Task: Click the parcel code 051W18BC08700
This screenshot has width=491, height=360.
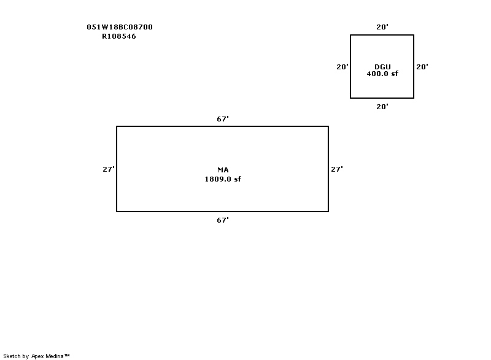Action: click(120, 27)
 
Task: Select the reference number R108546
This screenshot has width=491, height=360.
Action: click(119, 36)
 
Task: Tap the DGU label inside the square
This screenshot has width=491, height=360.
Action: click(382, 67)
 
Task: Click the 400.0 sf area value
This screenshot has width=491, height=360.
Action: click(382, 74)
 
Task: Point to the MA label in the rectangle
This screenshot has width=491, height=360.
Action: click(223, 169)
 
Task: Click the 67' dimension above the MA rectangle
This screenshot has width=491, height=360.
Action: click(223, 119)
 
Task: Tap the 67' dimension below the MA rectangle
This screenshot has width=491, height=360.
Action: click(223, 220)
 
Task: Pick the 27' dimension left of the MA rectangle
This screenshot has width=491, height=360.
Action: click(109, 169)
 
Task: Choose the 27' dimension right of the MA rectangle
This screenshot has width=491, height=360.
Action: click(337, 169)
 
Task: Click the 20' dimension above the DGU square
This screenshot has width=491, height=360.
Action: click(382, 27)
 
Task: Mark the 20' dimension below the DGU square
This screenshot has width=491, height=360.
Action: click(382, 107)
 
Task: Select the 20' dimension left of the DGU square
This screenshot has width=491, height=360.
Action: click(342, 67)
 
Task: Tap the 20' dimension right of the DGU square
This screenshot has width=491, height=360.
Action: click(422, 67)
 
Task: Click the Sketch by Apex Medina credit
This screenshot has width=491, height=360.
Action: click(36, 356)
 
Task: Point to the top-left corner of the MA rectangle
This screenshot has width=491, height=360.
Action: click(117, 126)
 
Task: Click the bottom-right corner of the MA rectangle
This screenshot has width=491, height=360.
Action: click(328, 212)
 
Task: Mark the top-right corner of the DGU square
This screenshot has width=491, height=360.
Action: click(414, 35)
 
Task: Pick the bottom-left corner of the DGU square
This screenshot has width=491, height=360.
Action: click(350, 98)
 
